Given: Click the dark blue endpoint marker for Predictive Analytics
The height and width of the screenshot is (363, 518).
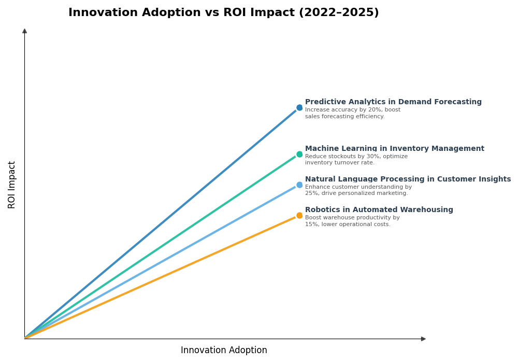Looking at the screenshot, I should click(299, 108).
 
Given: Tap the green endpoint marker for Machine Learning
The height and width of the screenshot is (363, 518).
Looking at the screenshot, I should click(299, 154).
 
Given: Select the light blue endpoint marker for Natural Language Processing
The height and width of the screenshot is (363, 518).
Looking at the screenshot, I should click(299, 185).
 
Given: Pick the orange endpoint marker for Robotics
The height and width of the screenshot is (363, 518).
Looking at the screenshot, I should click(299, 215).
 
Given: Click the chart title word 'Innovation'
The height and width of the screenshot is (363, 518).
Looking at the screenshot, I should click(100, 13).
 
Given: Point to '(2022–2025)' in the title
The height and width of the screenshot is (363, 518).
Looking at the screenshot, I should click(339, 13).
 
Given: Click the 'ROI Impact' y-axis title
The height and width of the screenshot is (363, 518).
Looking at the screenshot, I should click(12, 185).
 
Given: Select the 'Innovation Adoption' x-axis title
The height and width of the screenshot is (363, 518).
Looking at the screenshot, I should click(224, 351).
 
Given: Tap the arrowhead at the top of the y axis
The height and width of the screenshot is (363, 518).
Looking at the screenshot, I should click(24, 31).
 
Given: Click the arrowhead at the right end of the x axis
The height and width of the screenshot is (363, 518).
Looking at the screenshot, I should click(423, 339).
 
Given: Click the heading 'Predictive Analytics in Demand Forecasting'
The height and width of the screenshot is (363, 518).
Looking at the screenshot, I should click(393, 102).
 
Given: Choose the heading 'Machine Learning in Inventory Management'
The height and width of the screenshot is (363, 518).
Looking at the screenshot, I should click(395, 149).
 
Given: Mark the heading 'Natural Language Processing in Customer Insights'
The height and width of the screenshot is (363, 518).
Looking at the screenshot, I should click(408, 179).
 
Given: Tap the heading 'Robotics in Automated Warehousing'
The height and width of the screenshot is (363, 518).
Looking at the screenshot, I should click(379, 210).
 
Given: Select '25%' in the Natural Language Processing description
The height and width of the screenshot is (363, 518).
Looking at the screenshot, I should click(312, 193).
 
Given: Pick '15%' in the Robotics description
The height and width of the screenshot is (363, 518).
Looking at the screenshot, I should click(312, 225).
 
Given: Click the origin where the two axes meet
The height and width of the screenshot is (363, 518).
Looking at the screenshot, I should click(24, 339).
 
